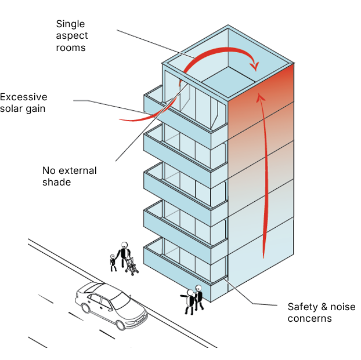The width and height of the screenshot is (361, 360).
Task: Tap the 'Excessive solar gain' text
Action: click(23, 103)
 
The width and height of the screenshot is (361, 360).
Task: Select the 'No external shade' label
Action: click(69, 176)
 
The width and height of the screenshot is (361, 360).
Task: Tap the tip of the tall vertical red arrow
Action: click(261, 96)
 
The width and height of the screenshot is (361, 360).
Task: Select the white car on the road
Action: click(111, 304)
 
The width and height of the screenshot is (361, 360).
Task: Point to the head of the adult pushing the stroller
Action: click(124, 246)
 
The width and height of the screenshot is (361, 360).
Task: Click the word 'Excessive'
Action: click(23, 97)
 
